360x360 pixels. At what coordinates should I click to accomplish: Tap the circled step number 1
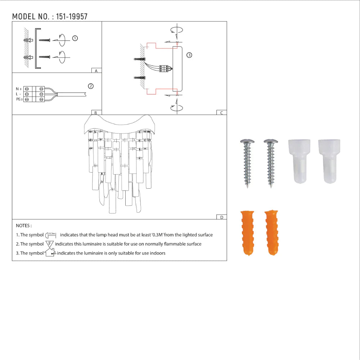click(75, 38)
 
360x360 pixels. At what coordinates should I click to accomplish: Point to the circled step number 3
click(189, 55)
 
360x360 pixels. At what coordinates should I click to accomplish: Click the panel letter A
click(96, 71)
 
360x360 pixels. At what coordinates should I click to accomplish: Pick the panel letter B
click(96, 113)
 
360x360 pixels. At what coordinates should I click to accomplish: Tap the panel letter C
click(221, 113)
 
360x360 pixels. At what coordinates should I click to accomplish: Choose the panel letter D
click(221, 217)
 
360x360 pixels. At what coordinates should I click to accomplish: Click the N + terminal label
click(19, 89)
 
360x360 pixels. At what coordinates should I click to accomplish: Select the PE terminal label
click(19, 99)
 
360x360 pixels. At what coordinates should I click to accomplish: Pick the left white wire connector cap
click(298, 161)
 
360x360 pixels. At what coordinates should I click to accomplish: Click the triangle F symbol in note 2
click(50, 244)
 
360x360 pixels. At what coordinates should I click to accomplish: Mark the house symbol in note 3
click(50, 253)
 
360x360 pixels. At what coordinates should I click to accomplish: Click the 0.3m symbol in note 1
click(51, 235)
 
